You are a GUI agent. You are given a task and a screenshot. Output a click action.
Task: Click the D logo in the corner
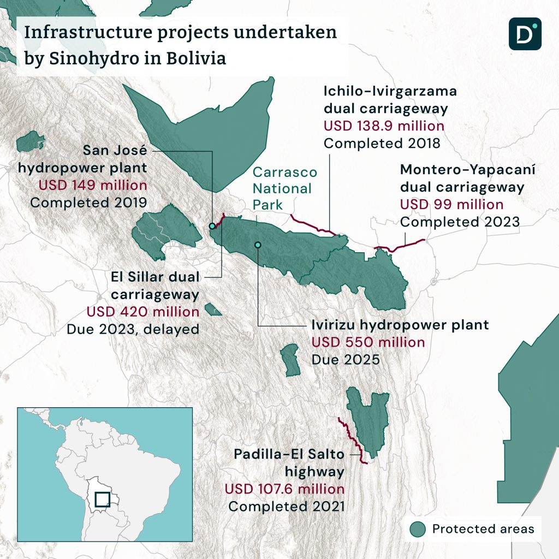coord(525,34)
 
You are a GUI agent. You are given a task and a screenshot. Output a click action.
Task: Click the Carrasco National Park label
coord(284,188)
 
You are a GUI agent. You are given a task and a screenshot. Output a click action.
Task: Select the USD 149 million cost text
coord(93,185)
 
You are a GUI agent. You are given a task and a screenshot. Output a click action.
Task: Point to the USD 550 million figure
coord(367,343)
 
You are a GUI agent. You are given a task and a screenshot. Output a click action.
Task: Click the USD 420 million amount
coord(143,312)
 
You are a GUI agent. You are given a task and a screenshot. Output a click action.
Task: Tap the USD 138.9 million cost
coord(384,126)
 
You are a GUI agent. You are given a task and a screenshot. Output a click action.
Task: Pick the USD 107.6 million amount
coord(284,489)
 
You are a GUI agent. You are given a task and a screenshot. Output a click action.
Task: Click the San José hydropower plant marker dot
coord(212,226)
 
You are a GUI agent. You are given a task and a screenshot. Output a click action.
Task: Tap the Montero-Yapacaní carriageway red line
coord(401,246)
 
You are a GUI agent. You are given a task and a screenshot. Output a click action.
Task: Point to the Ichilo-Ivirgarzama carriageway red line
coord(311,225)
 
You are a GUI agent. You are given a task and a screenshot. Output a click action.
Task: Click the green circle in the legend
coord(418,528)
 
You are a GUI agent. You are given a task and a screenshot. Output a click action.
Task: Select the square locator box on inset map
coord(103,499)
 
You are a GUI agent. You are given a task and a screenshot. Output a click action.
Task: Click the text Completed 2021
coord(286,506)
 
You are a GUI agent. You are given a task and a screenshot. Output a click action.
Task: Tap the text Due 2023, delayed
coord(133,330)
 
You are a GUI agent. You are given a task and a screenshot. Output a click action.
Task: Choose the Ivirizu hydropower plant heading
coord(400,325)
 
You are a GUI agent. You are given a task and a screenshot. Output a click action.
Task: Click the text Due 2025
coord(346,360)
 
